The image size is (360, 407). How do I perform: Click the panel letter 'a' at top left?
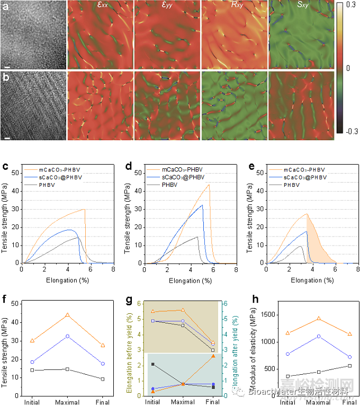coord(5,6)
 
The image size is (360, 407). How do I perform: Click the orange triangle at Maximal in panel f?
coord(67,315)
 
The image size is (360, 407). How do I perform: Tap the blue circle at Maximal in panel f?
coord(67,336)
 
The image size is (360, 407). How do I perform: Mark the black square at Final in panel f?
coord(103,379)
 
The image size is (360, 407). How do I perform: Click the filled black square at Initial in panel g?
coord(153,364)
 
